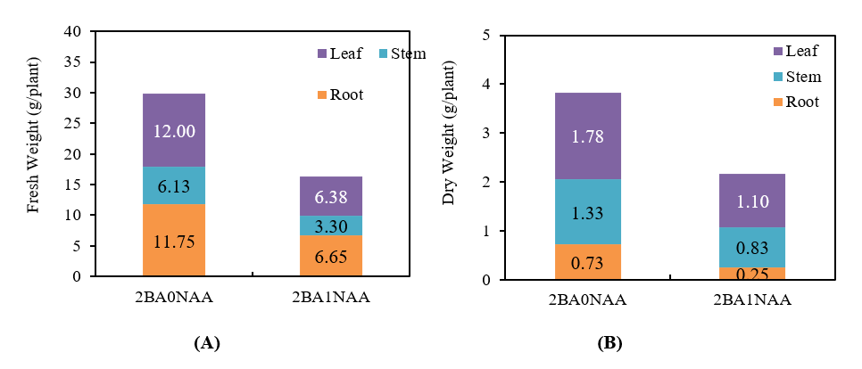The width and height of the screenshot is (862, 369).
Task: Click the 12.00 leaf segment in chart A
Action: coord(173,130)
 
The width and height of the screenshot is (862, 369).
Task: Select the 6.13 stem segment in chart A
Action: coord(173,185)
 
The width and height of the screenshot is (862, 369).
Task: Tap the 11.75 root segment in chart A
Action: coord(173,241)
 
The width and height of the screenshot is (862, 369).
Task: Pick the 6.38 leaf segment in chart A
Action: coord(330,196)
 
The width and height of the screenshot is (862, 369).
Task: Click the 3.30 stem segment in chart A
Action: coord(330,225)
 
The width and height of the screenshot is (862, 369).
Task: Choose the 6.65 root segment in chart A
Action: coord(330,256)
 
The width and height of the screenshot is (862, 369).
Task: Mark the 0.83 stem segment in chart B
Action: coord(753,247)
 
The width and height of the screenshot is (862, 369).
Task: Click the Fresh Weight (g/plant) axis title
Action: coord(33,152)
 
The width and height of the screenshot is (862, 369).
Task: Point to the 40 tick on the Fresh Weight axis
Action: coord(73,32)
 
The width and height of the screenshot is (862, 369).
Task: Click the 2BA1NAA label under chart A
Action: coord(329,299)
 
